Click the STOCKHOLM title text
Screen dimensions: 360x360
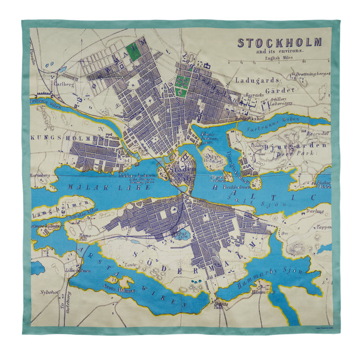point(280,43)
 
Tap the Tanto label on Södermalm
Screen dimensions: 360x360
point(127,265)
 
